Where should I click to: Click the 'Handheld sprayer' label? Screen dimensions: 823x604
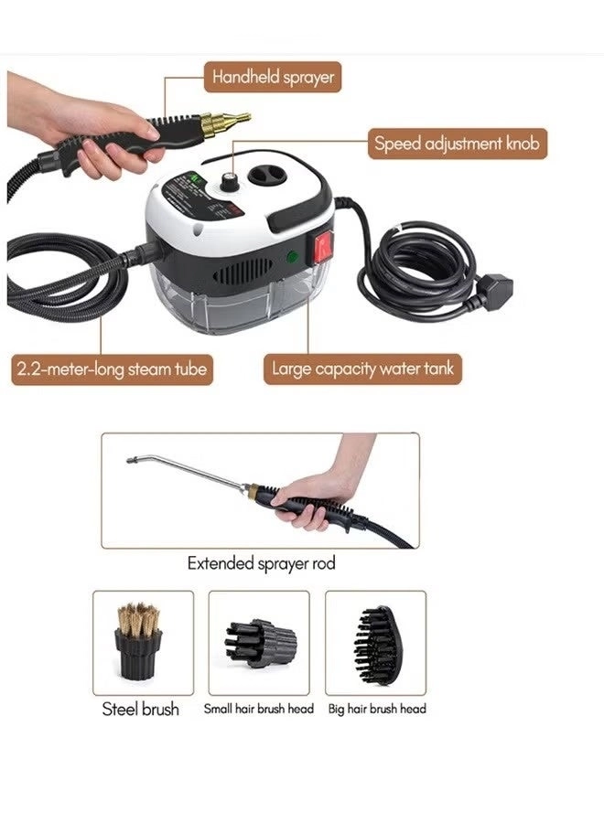coord(273,77)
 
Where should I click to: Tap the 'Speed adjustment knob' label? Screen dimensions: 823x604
coord(458,144)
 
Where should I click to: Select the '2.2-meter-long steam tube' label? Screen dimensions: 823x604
coord(111,369)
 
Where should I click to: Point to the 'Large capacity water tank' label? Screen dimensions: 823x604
coord(362,369)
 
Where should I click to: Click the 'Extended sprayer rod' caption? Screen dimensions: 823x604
coord(261,563)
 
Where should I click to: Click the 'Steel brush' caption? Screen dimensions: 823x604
coord(141,709)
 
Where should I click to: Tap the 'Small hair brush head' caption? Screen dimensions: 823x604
coord(259,709)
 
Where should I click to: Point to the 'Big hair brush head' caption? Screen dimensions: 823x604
coord(377,709)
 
